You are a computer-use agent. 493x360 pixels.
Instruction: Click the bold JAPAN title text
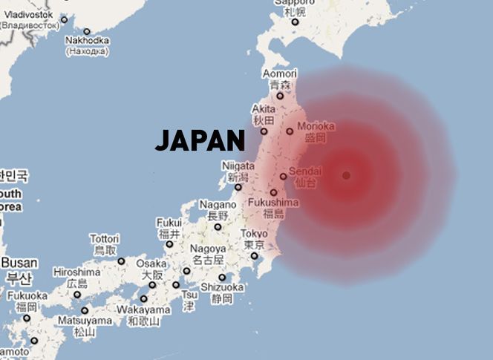[200, 140]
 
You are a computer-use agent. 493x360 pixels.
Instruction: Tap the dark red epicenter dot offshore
[346, 175]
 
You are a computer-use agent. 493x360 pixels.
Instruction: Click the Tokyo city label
[254, 235]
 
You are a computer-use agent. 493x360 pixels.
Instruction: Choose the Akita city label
[264, 109]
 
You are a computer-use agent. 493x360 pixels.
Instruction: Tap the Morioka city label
[316, 126]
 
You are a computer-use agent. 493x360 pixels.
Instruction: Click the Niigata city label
[238, 167]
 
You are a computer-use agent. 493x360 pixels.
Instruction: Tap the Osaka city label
[151, 264]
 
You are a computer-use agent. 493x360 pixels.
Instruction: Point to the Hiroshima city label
[76, 272]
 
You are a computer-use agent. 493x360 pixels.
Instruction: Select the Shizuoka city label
[223, 287]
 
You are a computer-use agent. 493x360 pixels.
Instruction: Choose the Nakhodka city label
[88, 40]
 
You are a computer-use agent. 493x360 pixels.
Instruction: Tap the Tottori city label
[104, 239]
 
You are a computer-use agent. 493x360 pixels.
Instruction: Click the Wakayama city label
[143, 310]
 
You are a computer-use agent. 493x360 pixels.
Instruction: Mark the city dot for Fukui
[169, 243]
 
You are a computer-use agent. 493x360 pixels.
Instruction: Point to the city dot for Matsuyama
[85, 310]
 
